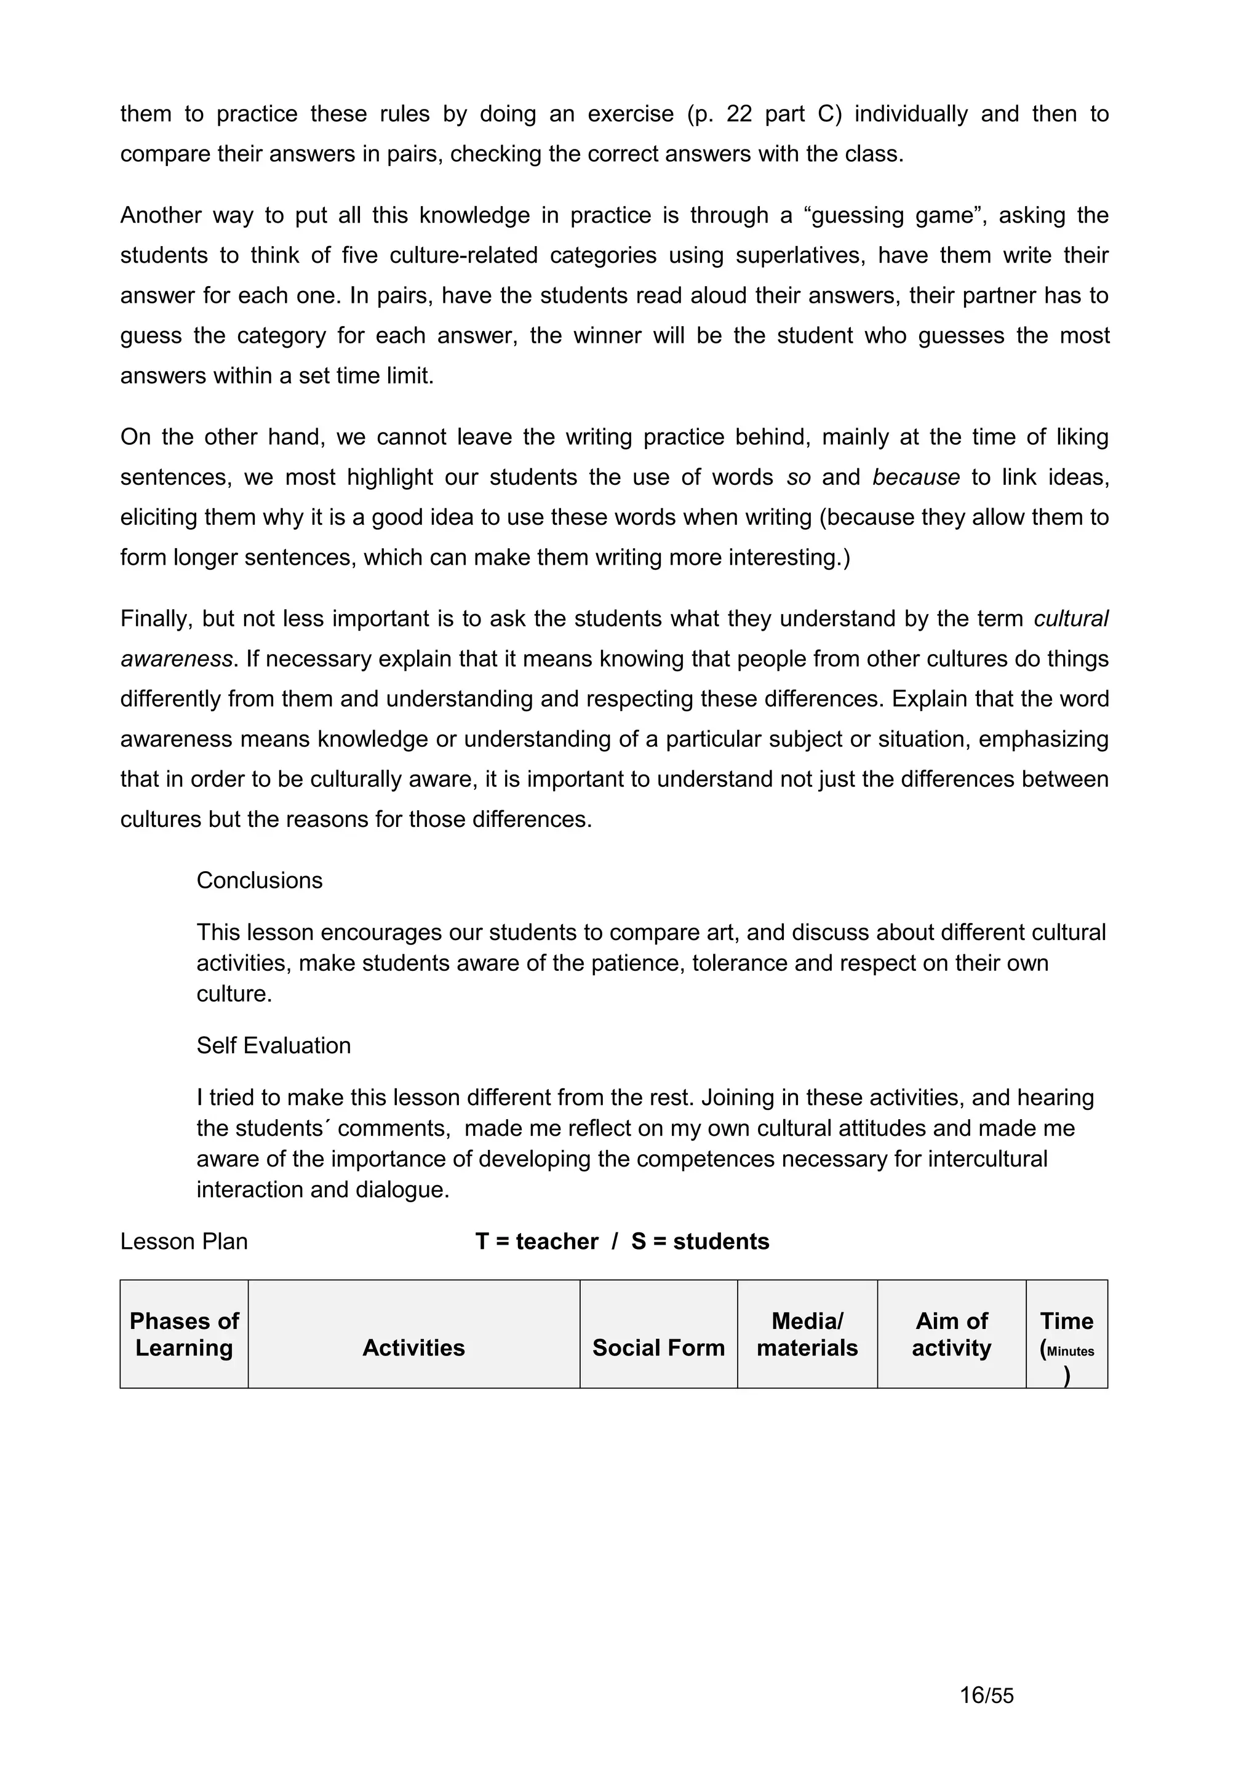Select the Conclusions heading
point(259,880)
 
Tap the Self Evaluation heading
point(273,1045)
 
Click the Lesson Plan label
point(184,1241)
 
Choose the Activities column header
point(414,1347)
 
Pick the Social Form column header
point(658,1347)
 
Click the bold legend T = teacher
point(536,1241)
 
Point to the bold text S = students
point(700,1241)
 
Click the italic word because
point(915,477)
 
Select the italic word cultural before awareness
point(1071,619)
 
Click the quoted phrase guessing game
point(898,215)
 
